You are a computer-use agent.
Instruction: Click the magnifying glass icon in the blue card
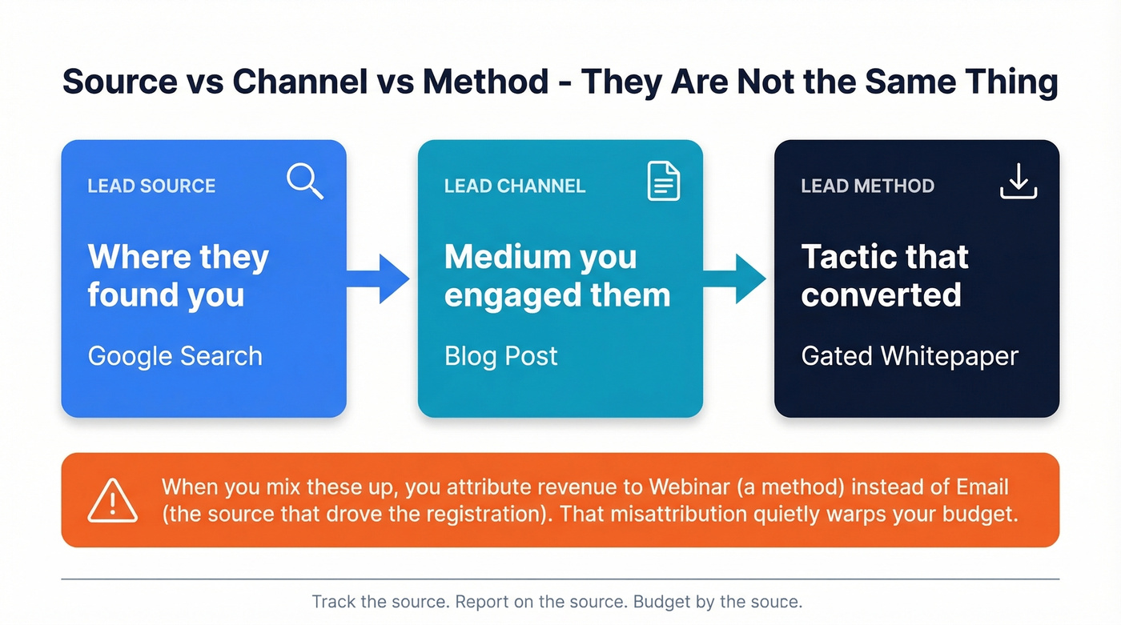[305, 181]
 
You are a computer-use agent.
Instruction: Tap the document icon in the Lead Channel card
[663, 181]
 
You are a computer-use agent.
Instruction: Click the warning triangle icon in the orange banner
[112, 500]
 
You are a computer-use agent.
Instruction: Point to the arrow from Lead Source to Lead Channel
[378, 278]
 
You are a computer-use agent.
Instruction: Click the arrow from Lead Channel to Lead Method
[734, 278]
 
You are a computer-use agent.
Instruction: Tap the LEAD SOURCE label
[151, 186]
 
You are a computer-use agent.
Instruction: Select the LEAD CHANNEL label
[515, 186]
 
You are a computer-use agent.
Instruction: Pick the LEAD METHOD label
[868, 186]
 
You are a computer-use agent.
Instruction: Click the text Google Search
[175, 356]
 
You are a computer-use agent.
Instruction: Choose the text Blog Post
[501, 356]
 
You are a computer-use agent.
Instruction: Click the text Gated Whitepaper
[910, 356]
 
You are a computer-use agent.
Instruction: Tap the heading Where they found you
[178, 276]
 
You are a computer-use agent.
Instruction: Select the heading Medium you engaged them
[557, 276]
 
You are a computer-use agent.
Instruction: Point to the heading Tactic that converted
[885, 276]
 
